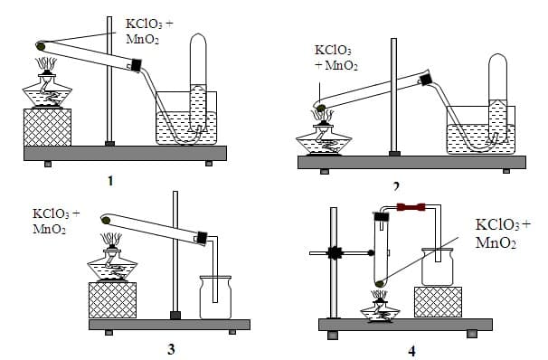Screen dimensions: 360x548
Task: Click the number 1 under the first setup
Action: [110, 180]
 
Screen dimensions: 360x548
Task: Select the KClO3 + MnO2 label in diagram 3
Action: [56, 221]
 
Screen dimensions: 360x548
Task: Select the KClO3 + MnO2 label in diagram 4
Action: [503, 233]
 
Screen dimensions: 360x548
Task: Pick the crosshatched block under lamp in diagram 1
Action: [46, 126]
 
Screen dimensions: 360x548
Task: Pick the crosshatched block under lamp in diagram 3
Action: [112, 298]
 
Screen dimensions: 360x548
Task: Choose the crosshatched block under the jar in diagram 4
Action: [438, 300]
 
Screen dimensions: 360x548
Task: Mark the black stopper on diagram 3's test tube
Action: [203, 239]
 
